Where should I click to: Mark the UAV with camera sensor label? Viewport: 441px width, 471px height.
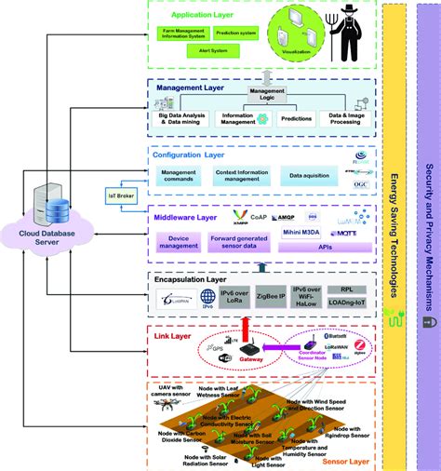pos(171,393)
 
